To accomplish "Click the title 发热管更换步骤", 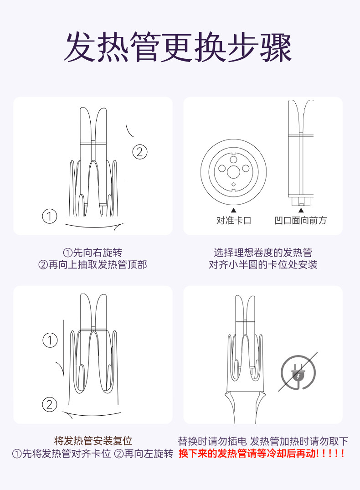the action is click(178, 47).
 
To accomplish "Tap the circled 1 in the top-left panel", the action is click(49, 216).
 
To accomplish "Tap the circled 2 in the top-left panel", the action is click(140, 152).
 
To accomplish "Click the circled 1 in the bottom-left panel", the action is click(50, 340).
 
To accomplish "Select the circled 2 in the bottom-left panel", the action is click(49, 405).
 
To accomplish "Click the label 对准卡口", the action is click(234, 220).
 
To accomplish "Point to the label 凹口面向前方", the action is click(300, 220).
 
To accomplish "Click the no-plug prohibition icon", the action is click(298, 372).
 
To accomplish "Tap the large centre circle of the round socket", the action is click(233, 172).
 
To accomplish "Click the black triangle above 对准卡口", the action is click(233, 210).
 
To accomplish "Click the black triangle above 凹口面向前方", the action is click(301, 210).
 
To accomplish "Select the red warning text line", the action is click(262, 454).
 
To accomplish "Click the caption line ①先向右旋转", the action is click(93, 252).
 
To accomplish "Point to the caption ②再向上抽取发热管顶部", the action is click(93, 264).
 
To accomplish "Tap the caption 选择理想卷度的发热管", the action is click(263, 252).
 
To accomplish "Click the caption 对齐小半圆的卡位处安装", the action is click(263, 264).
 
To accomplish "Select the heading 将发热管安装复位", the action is click(93, 441).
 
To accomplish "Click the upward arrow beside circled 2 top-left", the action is click(126, 150).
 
